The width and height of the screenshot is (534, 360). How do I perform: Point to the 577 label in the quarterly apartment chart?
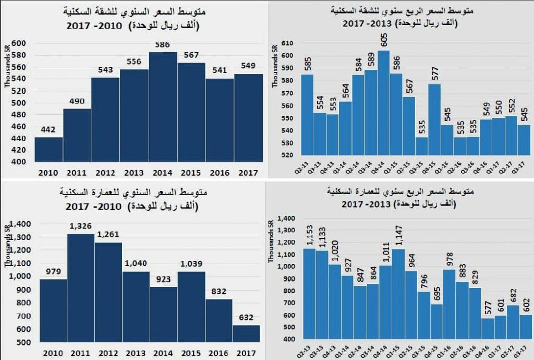tap(435, 75)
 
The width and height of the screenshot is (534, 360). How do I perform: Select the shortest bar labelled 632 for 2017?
tap(247, 333)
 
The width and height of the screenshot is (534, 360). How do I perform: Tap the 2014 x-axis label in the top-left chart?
tap(163, 173)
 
